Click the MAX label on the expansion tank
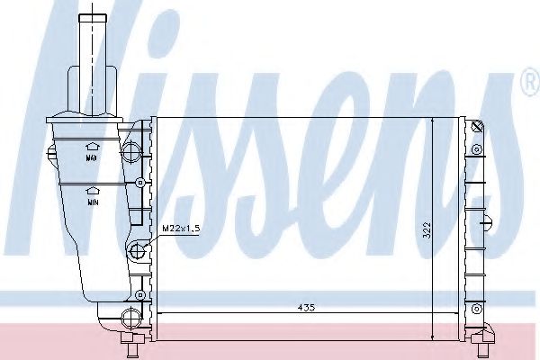pyautogui.click(x=91, y=158)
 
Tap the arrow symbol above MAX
pyautogui.click(x=91, y=145)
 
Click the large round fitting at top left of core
pyautogui.click(x=133, y=146)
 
